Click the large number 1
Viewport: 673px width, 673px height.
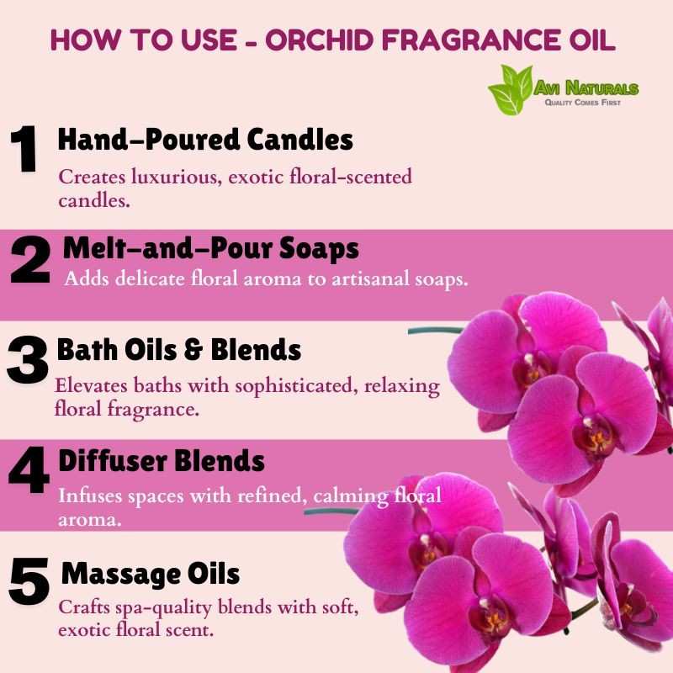pyautogui.click(x=24, y=149)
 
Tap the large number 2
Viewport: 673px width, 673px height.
pyautogui.click(x=30, y=259)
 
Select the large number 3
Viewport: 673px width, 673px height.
pyautogui.click(x=28, y=359)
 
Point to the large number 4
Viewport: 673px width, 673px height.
pyautogui.click(x=29, y=469)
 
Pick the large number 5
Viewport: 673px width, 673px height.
pyautogui.click(x=29, y=580)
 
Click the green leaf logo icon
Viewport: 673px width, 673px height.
pyautogui.click(x=511, y=90)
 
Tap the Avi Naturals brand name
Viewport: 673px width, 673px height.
pyautogui.click(x=586, y=88)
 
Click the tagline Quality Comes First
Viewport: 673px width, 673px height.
pyautogui.click(x=583, y=102)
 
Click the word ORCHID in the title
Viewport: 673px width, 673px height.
pyautogui.click(x=320, y=40)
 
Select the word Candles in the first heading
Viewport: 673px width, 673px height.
pyautogui.click(x=300, y=140)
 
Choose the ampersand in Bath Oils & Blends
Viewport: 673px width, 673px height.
pyautogui.click(x=193, y=350)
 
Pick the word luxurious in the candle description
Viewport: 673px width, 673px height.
pyautogui.click(x=177, y=177)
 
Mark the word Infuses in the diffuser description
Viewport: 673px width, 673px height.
pyautogui.click(x=91, y=495)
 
